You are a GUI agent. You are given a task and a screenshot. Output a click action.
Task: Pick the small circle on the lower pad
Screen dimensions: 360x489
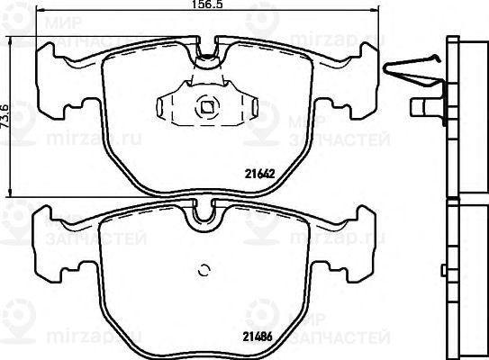(x=204, y=268)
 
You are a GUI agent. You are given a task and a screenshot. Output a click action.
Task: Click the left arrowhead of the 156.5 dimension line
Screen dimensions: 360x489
(x=41, y=14)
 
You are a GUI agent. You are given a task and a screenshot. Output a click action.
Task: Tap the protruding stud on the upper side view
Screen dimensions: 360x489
(x=420, y=107)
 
